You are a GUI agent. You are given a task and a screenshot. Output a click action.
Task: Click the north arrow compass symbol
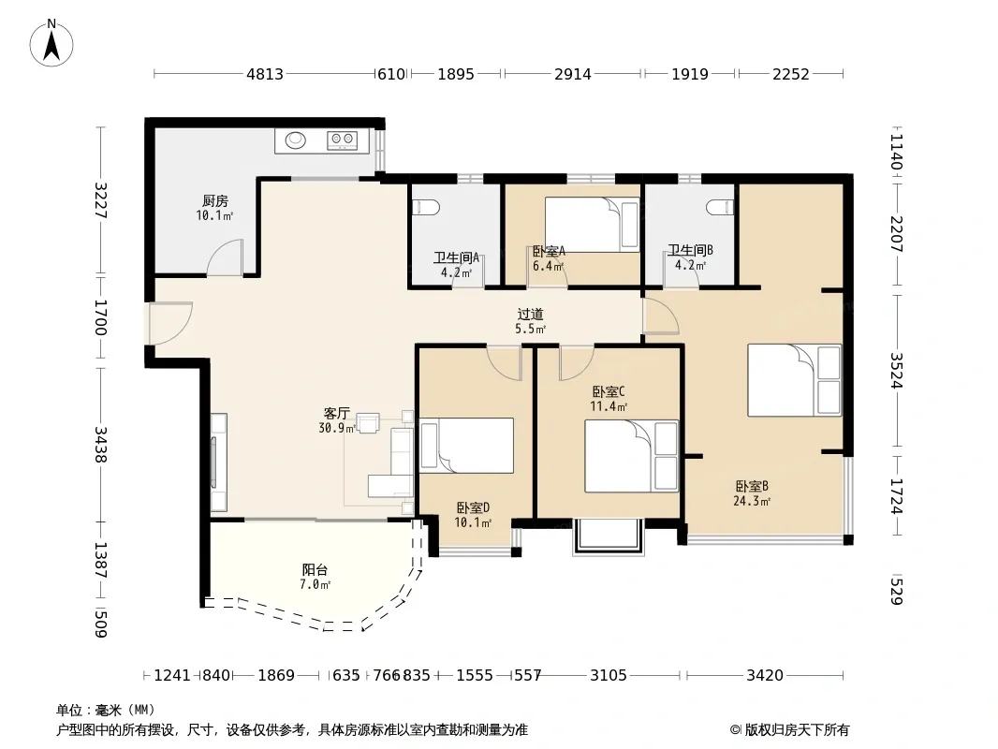click(51, 43)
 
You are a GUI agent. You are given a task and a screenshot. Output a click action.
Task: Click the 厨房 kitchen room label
click(215, 201)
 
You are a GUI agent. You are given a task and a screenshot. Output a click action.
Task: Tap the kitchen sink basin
click(295, 140)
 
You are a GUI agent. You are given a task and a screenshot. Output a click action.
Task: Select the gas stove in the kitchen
click(343, 140)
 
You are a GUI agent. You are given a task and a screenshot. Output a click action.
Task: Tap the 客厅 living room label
click(337, 414)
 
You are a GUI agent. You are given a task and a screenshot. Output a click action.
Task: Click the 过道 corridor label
click(530, 315)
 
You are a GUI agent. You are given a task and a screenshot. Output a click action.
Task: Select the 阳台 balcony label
click(316, 569)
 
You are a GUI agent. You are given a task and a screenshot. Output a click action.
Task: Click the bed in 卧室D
click(466, 446)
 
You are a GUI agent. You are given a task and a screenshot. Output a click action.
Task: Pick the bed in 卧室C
click(631, 456)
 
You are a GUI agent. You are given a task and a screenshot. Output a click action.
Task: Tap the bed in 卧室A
click(592, 225)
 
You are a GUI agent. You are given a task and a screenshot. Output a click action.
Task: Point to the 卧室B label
click(752, 486)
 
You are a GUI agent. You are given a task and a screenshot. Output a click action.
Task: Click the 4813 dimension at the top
click(265, 74)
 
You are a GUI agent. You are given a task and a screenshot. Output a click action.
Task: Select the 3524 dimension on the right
click(896, 371)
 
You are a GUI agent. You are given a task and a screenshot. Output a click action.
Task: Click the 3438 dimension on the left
click(100, 444)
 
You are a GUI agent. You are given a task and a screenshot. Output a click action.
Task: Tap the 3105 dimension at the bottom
click(609, 674)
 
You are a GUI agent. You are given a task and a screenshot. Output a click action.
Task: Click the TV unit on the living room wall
click(218, 462)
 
